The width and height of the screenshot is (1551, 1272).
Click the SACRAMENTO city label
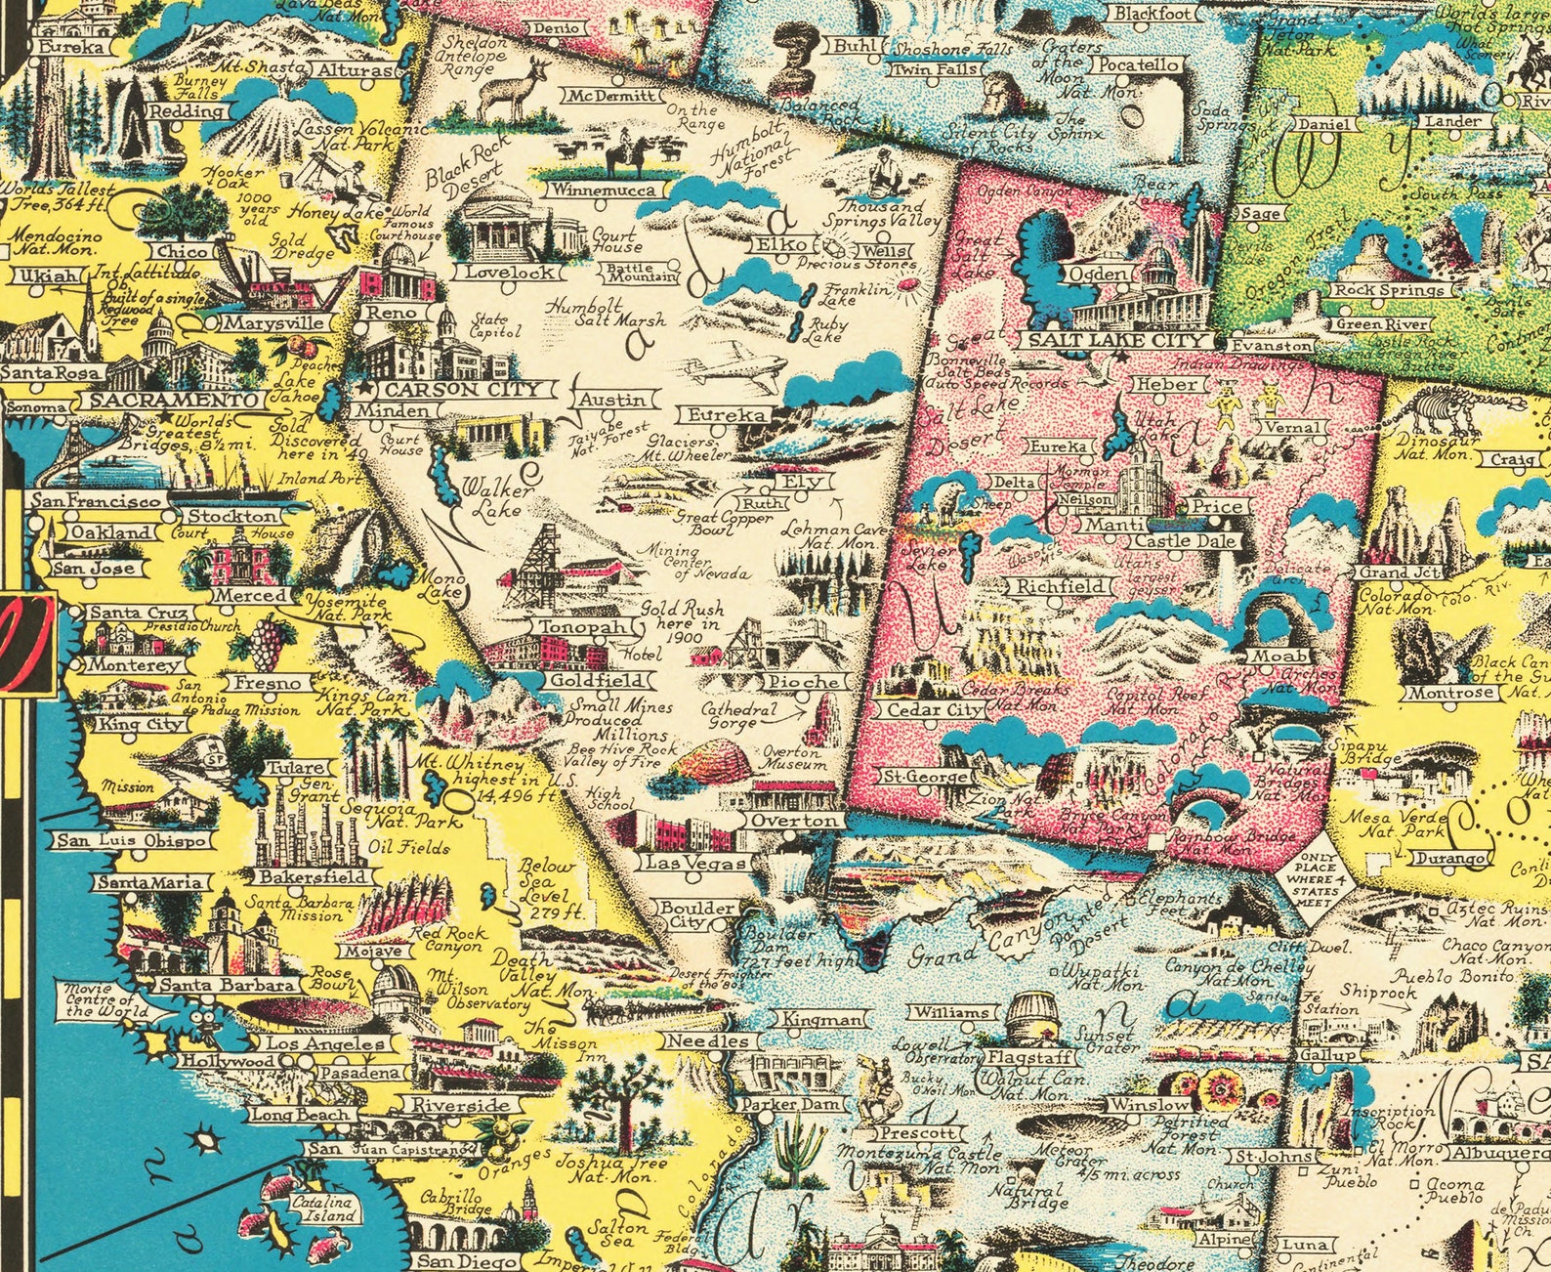pyautogui.click(x=171, y=401)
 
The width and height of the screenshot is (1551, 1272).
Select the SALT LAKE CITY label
pyautogui.click(x=1113, y=340)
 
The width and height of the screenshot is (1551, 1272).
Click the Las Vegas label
pyautogui.click(x=694, y=864)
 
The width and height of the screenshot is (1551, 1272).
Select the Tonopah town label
pyautogui.click(x=579, y=627)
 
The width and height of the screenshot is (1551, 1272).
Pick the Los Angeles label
pyautogui.click(x=326, y=1043)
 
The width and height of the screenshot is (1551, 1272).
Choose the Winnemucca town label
pyautogui.click(x=596, y=191)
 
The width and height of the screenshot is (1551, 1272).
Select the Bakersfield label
pyautogui.click(x=313, y=876)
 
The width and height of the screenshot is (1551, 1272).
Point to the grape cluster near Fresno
pyautogui.click(x=266, y=640)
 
